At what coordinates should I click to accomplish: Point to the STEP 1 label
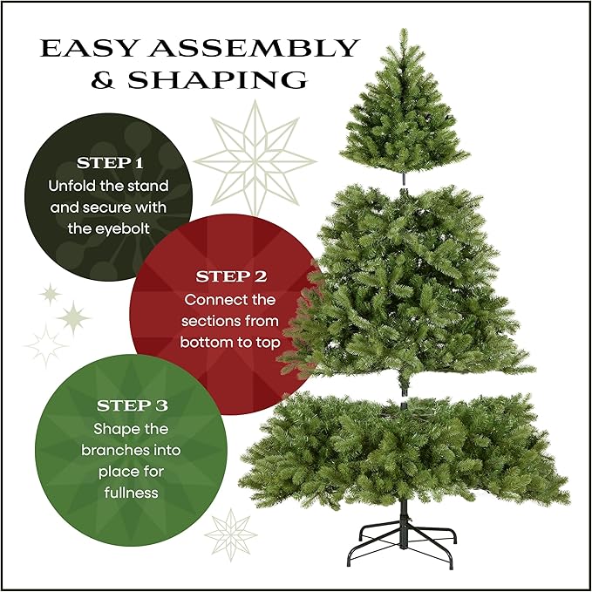point(109,163)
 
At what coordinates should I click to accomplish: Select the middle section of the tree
point(405,288)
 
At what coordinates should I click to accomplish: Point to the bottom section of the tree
point(405,449)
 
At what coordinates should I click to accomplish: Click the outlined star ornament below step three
point(230,534)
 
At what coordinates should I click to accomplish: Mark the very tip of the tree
point(403,31)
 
